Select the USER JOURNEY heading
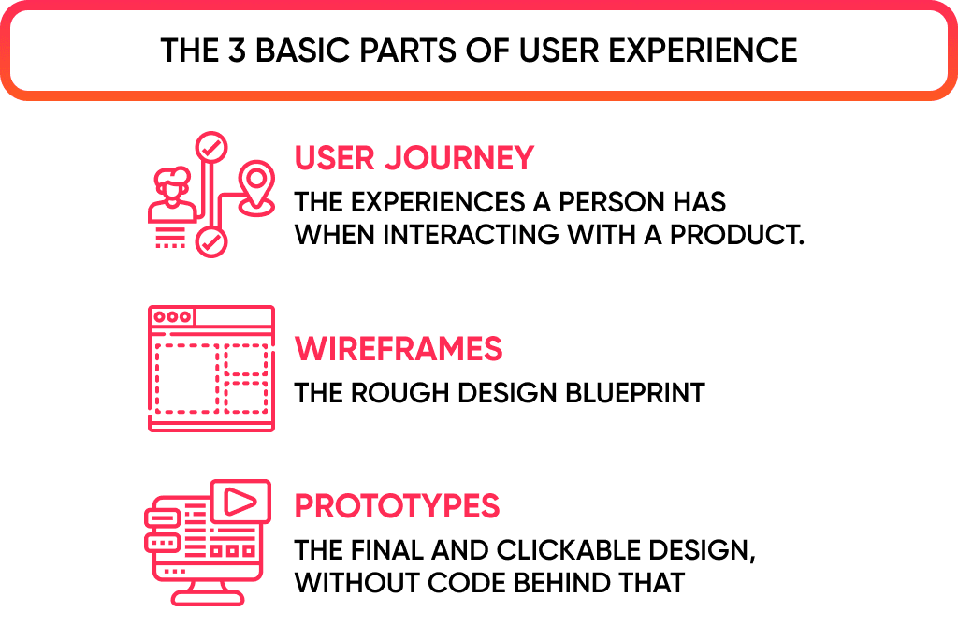tap(414, 158)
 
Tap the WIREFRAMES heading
tap(399, 350)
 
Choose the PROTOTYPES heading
tap(397, 506)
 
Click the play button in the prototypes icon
tap(239, 503)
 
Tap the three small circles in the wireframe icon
tap(172, 317)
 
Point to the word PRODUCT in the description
tap(740, 234)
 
